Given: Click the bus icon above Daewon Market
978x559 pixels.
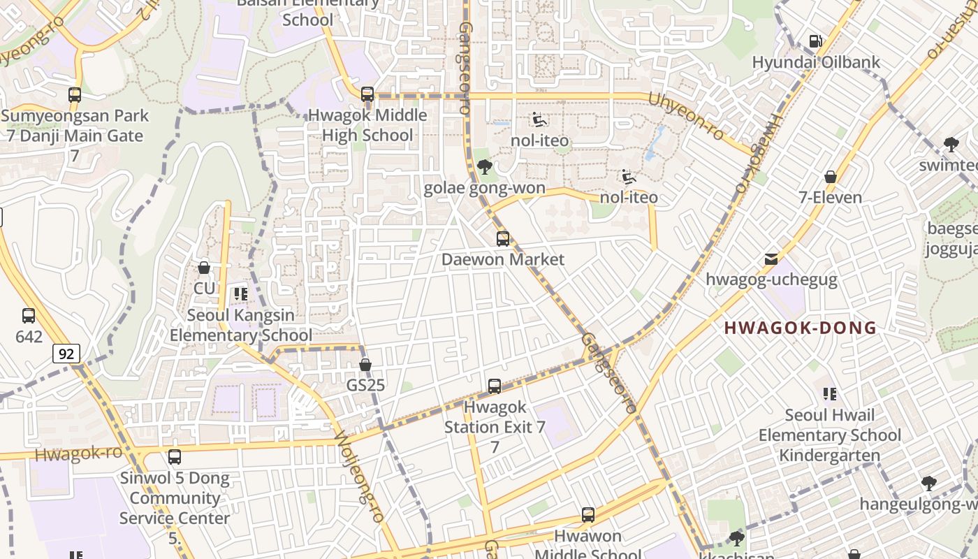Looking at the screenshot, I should (x=503, y=239).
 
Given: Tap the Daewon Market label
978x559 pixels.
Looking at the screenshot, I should (x=503, y=259).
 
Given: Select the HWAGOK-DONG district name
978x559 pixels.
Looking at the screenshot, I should (x=800, y=328).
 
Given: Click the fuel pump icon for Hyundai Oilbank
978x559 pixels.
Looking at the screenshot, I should (x=815, y=41).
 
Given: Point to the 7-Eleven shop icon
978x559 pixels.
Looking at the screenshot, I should (x=831, y=177).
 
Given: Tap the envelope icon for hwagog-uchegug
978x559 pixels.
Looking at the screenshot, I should (x=771, y=259).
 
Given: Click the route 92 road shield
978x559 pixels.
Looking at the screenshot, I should (x=66, y=354).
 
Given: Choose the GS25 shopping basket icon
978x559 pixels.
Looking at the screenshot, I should (x=365, y=365).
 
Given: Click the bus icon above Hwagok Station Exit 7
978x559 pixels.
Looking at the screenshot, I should (x=495, y=386).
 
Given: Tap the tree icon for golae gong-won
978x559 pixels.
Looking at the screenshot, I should (x=484, y=167).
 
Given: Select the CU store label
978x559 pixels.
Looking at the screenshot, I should (x=204, y=288).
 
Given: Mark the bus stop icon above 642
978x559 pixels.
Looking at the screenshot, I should (x=29, y=316).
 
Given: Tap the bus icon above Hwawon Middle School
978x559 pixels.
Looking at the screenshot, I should (x=588, y=515).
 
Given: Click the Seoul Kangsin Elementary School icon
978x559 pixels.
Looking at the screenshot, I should (x=241, y=294).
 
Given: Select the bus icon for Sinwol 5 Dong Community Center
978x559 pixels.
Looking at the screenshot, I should (x=175, y=457).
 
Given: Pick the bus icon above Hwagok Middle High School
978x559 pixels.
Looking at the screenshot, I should (x=367, y=94).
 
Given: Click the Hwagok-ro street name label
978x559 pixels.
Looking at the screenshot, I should (x=78, y=453).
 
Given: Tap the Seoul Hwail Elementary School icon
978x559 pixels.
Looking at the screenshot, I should (x=830, y=394).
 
